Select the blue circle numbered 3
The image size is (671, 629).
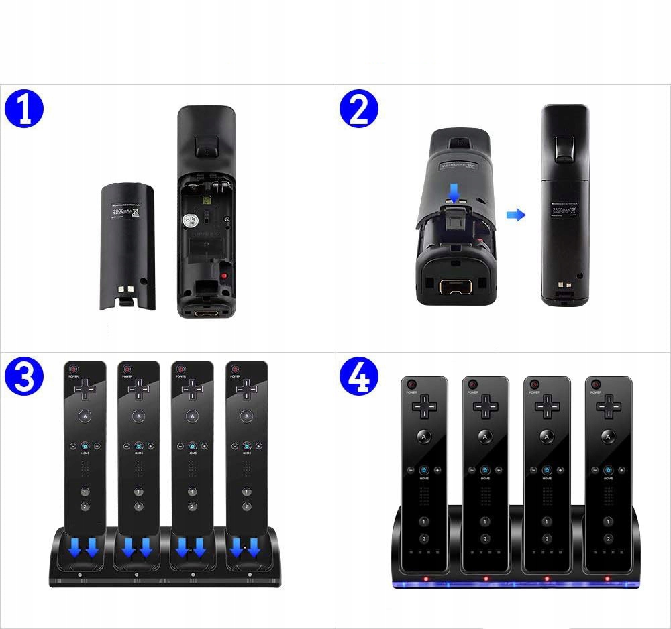[24, 378]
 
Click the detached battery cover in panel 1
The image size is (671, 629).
[128, 247]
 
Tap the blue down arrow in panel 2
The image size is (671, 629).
[455, 194]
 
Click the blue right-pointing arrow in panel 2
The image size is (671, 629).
[516, 215]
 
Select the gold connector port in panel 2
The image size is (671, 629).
[455, 287]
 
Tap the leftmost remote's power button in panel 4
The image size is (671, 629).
[412, 384]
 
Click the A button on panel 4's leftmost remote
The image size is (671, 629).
[424, 437]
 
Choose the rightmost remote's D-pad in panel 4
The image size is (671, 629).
[608, 406]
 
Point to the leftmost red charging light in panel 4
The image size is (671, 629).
[425, 578]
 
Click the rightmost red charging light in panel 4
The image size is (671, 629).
[607, 578]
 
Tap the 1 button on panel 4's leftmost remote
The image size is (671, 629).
[424, 521]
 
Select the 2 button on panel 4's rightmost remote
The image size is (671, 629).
[607, 538]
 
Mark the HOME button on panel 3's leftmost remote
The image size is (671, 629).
[85, 446]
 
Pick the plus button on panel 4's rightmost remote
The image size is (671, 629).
[621, 470]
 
